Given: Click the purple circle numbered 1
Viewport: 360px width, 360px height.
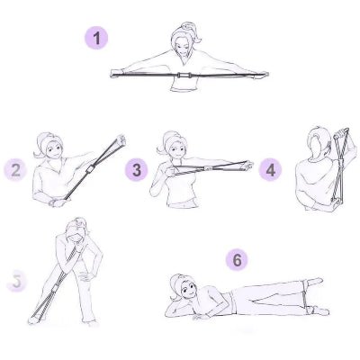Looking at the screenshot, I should pyautogui.click(x=97, y=38).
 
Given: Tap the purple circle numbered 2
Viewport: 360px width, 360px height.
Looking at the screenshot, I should pyautogui.click(x=15, y=168).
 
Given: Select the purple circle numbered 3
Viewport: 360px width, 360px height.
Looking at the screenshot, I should pyautogui.click(x=136, y=168).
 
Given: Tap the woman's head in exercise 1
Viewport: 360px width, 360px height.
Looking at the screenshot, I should pyautogui.click(x=184, y=40).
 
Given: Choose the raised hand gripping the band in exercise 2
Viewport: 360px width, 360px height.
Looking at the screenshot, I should pyautogui.click(x=118, y=142).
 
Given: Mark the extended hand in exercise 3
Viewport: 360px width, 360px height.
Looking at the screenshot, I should pyautogui.click(x=245, y=166).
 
